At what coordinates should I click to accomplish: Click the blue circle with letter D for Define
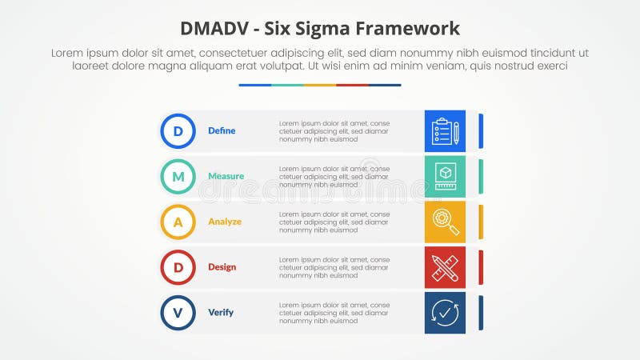coord(178,130)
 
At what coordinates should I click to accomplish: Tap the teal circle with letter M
coord(178,176)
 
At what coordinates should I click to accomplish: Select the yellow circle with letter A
coord(178,222)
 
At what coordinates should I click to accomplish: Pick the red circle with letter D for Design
coord(178,267)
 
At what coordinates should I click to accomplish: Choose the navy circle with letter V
coord(178,312)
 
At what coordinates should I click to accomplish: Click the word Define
coord(222,130)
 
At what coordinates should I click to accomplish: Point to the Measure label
coord(226,176)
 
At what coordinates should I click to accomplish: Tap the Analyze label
coord(225,222)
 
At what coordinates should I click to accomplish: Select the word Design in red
coord(222,267)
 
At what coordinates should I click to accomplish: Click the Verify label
coord(221,312)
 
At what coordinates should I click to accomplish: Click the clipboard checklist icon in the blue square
coord(445,131)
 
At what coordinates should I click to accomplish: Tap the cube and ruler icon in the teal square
coord(445,176)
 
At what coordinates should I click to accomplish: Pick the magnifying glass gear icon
coord(445,222)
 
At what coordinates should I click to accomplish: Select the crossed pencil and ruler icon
coord(445,267)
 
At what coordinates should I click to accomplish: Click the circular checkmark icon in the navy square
coord(445,312)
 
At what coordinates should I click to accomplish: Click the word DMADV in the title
coord(215,29)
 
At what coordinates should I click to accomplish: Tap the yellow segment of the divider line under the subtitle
coord(319,85)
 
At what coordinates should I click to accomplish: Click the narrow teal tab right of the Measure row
coord(481,176)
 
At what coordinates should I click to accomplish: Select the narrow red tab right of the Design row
coord(481,267)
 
